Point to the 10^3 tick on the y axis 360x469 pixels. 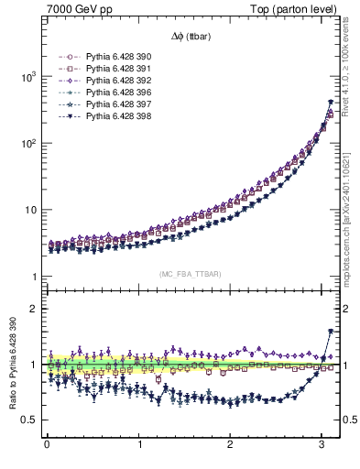27,77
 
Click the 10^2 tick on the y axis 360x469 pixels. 27,144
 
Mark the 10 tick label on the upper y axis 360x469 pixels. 29,210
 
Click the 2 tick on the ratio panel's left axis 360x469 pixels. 33,309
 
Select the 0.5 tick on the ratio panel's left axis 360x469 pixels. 29,420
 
